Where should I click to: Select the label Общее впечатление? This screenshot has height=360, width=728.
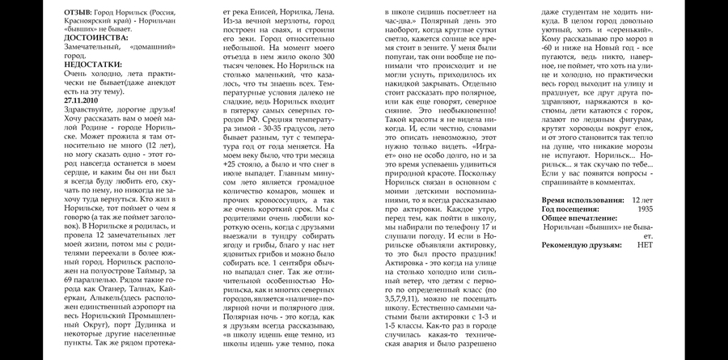(x=579, y=218)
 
